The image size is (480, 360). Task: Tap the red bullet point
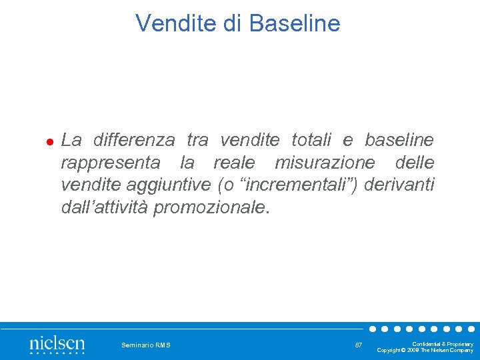[49, 142]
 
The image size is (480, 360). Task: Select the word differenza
[134, 140]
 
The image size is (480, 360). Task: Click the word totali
[317, 140]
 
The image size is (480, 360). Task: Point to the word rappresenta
[111, 163]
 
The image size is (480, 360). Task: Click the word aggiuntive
[171, 185]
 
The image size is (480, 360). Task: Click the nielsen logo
[57, 345]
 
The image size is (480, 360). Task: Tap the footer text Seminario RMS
[146, 345]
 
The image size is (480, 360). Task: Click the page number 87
[359, 345]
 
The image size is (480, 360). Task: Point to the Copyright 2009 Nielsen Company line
[425, 350]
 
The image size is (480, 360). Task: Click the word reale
[233, 163]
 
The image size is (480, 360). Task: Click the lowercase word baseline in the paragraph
[399, 140]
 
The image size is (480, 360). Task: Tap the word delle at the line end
[414, 163]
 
